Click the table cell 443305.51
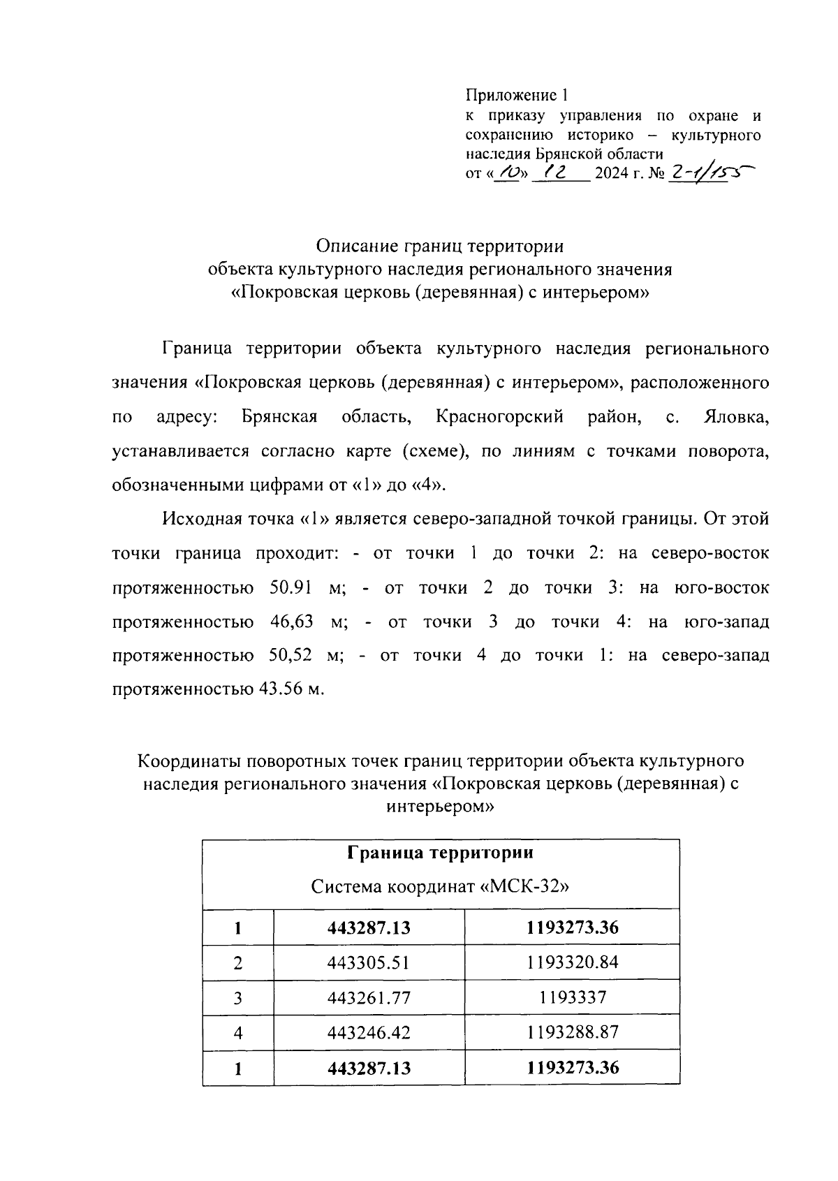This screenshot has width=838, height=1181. click(x=369, y=963)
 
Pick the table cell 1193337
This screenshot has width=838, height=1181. click(x=572, y=997)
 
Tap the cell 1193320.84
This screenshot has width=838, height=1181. click(x=572, y=963)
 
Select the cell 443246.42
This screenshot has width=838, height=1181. click(x=369, y=1032)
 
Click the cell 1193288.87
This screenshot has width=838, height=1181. click(x=572, y=1032)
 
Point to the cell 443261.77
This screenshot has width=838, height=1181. click(x=369, y=997)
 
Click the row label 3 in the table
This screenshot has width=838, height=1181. click(x=237, y=997)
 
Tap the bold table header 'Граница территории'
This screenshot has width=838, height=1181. click(x=440, y=853)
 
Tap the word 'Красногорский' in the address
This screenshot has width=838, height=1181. click(x=499, y=418)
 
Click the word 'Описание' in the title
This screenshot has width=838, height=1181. click(x=357, y=247)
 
